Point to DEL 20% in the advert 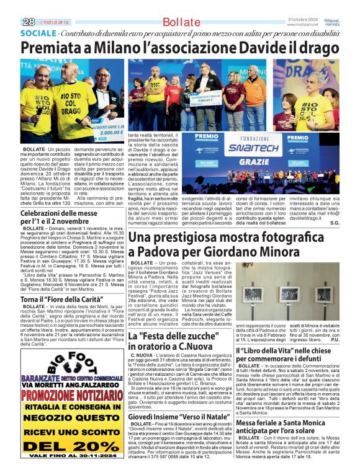coord(63,445)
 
